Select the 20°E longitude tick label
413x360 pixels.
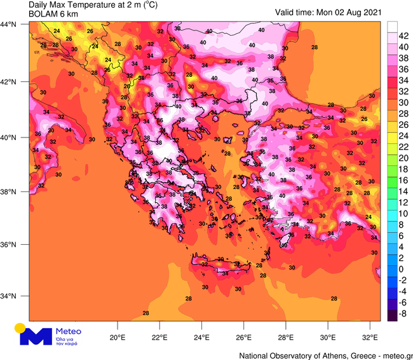coord(118,337)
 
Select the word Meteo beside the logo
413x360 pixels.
coord(69,331)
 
